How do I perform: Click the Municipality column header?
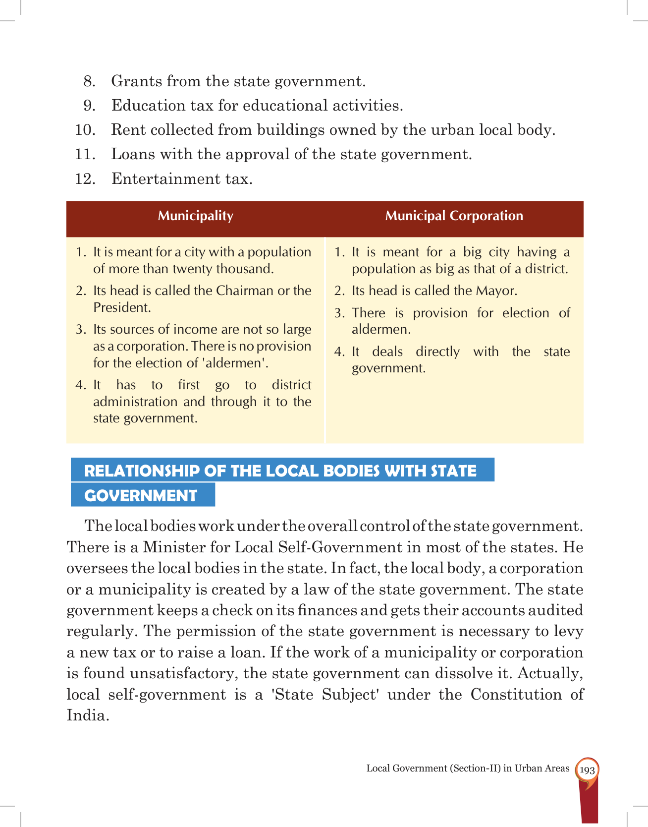coord(195,216)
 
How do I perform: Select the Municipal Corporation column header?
coord(454,216)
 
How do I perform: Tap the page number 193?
coord(587,770)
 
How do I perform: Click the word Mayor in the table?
coord(496,291)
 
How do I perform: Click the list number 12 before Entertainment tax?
coord(85,179)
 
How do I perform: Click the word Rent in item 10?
coord(128,130)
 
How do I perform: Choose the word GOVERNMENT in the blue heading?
coord(141,495)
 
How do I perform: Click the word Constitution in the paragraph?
coord(516,694)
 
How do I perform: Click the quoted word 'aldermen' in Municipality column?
coord(235,363)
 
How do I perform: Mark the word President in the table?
coord(122,307)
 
